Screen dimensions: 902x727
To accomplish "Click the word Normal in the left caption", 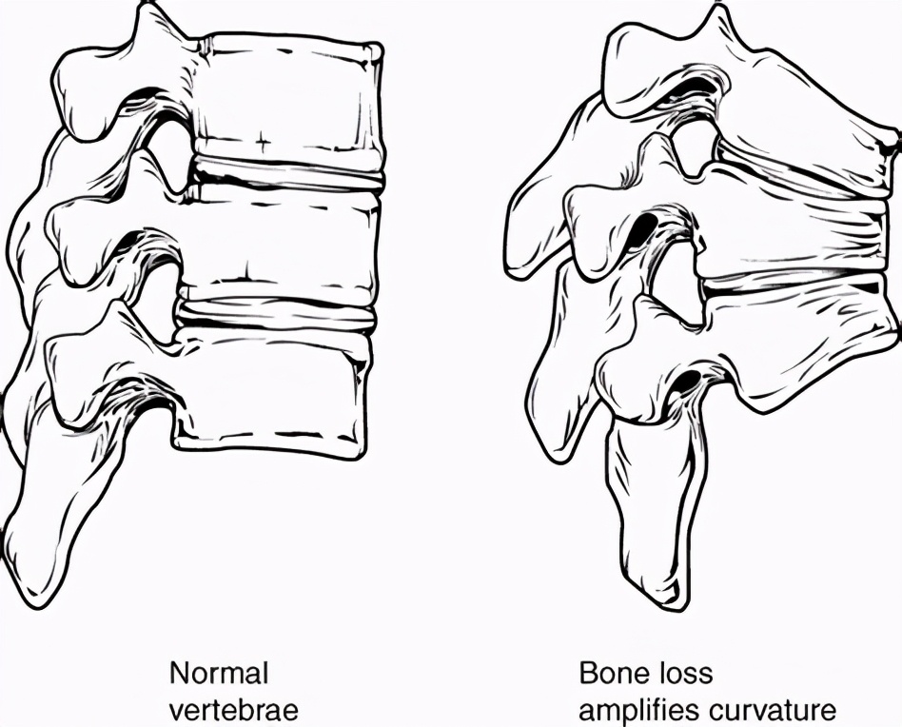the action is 219,674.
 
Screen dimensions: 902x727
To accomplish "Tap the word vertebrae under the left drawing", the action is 234,710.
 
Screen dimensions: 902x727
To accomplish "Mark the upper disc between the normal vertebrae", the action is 287,172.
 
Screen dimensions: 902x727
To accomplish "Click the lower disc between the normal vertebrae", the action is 276,315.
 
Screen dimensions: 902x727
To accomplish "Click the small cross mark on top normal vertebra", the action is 263,140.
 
